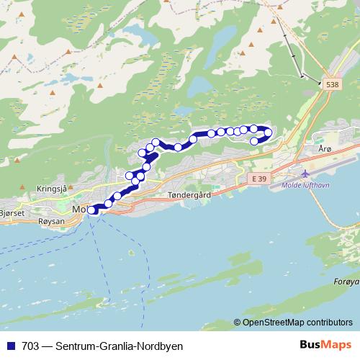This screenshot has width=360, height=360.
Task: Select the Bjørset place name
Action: coord(12,214)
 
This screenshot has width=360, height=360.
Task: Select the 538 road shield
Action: coord(331,85)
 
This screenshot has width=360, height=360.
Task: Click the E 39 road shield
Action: coord(258,177)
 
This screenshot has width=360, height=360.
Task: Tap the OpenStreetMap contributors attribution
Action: coord(297,323)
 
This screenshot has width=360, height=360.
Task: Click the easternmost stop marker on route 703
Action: coord(269,132)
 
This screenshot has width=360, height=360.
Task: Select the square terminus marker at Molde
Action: coord(92,210)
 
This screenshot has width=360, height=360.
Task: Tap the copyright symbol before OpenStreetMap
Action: coord(237,323)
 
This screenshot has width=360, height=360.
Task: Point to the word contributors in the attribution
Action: coord(330,323)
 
